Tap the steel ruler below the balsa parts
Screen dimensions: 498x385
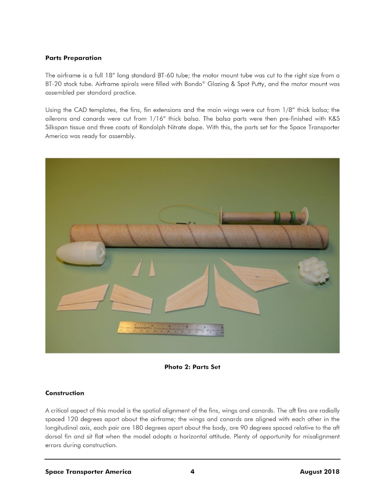[x=170, y=328]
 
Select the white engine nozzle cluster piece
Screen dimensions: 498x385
[x=313, y=270]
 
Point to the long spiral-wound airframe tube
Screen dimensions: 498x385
[x=199, y=237]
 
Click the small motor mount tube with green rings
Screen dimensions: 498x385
[x=263, y=217]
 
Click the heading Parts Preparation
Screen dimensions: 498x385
[x=73, y=58]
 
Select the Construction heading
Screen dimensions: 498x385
[x=65, y=393]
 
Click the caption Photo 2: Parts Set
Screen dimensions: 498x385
[x=192, y=367]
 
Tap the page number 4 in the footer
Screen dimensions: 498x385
[x=192, y=471]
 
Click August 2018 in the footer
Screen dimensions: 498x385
[x=320, y=471]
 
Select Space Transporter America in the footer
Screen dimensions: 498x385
[x=88, y=471]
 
